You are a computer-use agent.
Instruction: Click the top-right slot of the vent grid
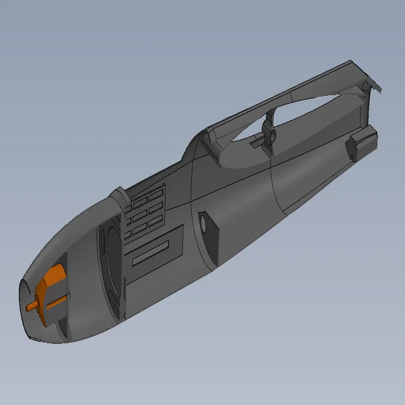tap(157, 192)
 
